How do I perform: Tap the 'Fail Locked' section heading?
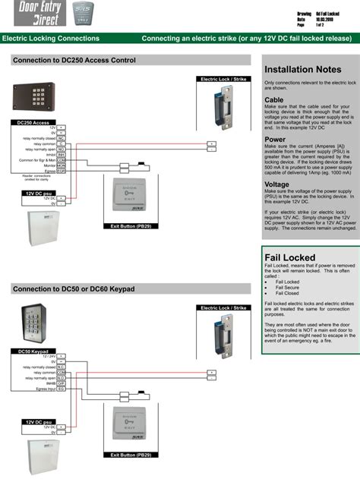click(x=289, y=258)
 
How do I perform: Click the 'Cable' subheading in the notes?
click(x=274, y=99)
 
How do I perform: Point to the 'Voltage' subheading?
click(x=276, y=184)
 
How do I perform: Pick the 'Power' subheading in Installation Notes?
click(x=275, y=140)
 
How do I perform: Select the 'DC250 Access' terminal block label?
click(x=33, y=122)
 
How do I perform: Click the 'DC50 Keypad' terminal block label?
click(x=33, y=351)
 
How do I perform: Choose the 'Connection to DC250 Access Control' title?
click(x=74, y=61)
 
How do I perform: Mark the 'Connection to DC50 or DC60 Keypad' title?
click(x=74, y=289)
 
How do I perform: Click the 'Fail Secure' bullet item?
click(x=287, y=288)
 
